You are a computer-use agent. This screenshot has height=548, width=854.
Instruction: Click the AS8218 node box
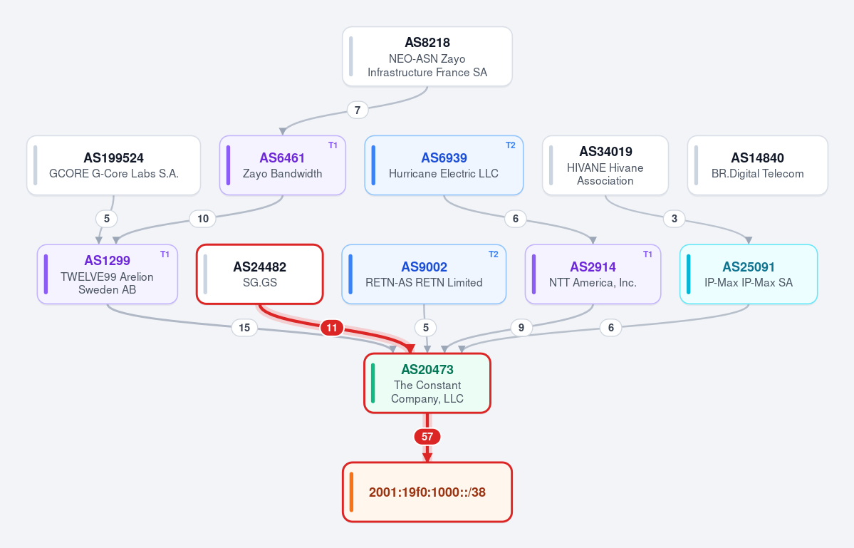tap(427, 56)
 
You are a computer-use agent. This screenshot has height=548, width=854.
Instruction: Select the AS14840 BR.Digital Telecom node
tap(758, 165)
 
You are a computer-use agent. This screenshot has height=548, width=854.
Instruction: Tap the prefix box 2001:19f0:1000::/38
tap(427, 492)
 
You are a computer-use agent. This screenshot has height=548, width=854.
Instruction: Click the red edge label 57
tap(427, 437)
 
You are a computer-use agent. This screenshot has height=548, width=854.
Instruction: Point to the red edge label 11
tap(332, 328)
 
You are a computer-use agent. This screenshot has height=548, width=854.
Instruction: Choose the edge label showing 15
tap(244, 328)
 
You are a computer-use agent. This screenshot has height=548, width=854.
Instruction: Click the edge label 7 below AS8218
tap(358, 110)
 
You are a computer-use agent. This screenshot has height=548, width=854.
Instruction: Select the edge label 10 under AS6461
tap(202, 219)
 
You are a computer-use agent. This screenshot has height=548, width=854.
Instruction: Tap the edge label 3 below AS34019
tap(675, 219)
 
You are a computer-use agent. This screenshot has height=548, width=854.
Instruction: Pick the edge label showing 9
tap(521, 328)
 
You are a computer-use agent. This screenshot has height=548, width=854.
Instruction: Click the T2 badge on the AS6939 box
tap(510, 145)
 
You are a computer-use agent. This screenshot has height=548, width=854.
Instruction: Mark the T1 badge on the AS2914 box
tap(647, 254)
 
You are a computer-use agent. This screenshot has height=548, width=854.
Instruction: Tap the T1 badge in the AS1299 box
tap(165, 254)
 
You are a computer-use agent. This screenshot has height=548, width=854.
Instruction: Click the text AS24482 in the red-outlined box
tap(260, 267)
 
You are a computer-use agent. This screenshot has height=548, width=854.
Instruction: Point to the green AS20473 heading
tap(427, 370)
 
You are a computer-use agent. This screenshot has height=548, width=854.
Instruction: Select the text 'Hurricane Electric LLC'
tap(444, 174)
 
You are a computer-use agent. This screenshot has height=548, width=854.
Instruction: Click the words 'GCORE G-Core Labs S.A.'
tap(114, 174)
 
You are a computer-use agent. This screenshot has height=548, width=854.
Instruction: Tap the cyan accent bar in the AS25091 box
tap(689, 274)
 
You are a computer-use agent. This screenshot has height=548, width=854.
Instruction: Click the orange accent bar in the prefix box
tap(351, 492)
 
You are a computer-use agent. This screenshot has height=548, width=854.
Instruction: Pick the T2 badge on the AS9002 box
tap(494, 254)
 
